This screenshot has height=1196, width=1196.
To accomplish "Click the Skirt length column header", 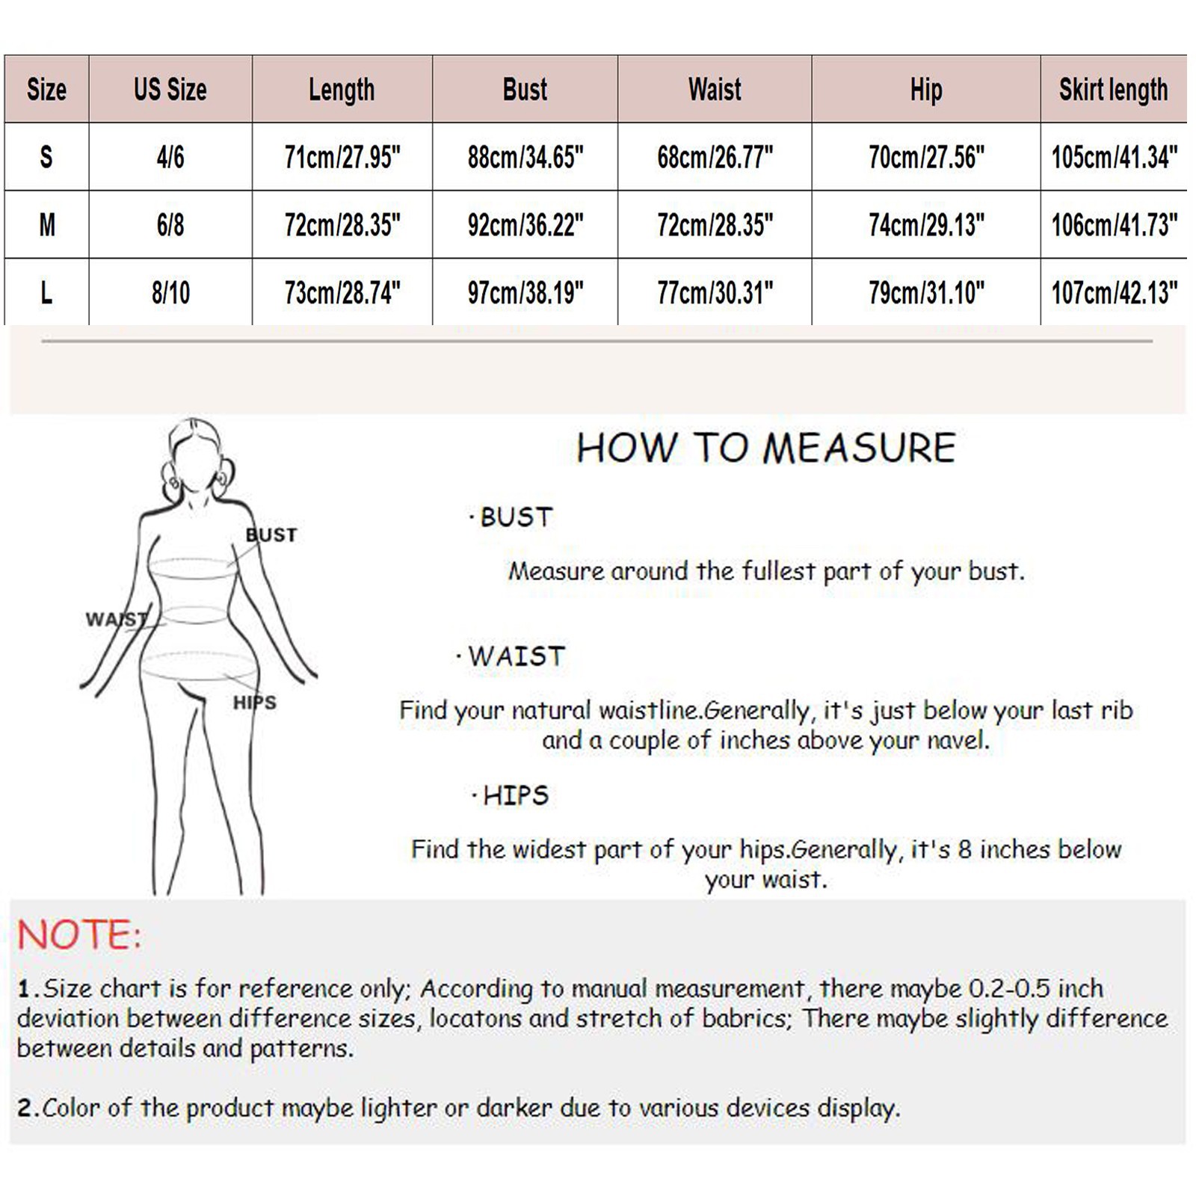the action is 1113,90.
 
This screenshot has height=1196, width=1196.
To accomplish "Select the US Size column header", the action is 170,90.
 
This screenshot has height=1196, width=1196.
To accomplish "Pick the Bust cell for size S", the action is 525,158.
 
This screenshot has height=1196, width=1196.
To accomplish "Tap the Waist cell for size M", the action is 715,225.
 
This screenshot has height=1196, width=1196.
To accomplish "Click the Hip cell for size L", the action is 926,293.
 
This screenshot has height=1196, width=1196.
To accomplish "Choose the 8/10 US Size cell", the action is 170,293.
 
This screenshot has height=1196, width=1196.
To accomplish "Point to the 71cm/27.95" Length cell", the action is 342,158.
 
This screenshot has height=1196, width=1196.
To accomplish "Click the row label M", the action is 47,225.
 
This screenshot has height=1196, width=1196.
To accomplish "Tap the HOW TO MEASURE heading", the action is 766,448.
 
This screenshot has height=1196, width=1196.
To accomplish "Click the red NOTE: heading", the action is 79,935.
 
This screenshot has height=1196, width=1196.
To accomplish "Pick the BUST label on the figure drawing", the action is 271,534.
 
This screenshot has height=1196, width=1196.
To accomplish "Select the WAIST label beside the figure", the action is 116,619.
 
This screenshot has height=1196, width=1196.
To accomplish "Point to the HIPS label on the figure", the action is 255,703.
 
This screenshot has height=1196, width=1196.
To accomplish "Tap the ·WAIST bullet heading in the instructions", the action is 511,656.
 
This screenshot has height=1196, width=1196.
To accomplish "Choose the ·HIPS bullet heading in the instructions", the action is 511,795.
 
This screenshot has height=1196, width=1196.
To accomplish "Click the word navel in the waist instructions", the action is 958,740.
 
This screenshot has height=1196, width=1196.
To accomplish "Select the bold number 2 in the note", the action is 25,1108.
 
